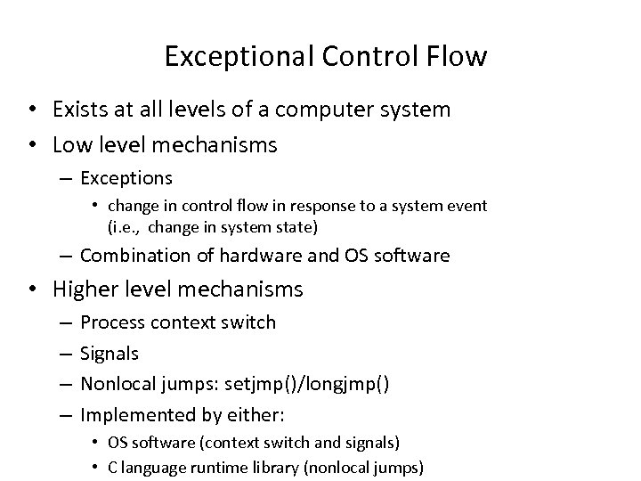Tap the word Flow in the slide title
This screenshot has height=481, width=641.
coord(457,57)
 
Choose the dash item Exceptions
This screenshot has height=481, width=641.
coord(126,178)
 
